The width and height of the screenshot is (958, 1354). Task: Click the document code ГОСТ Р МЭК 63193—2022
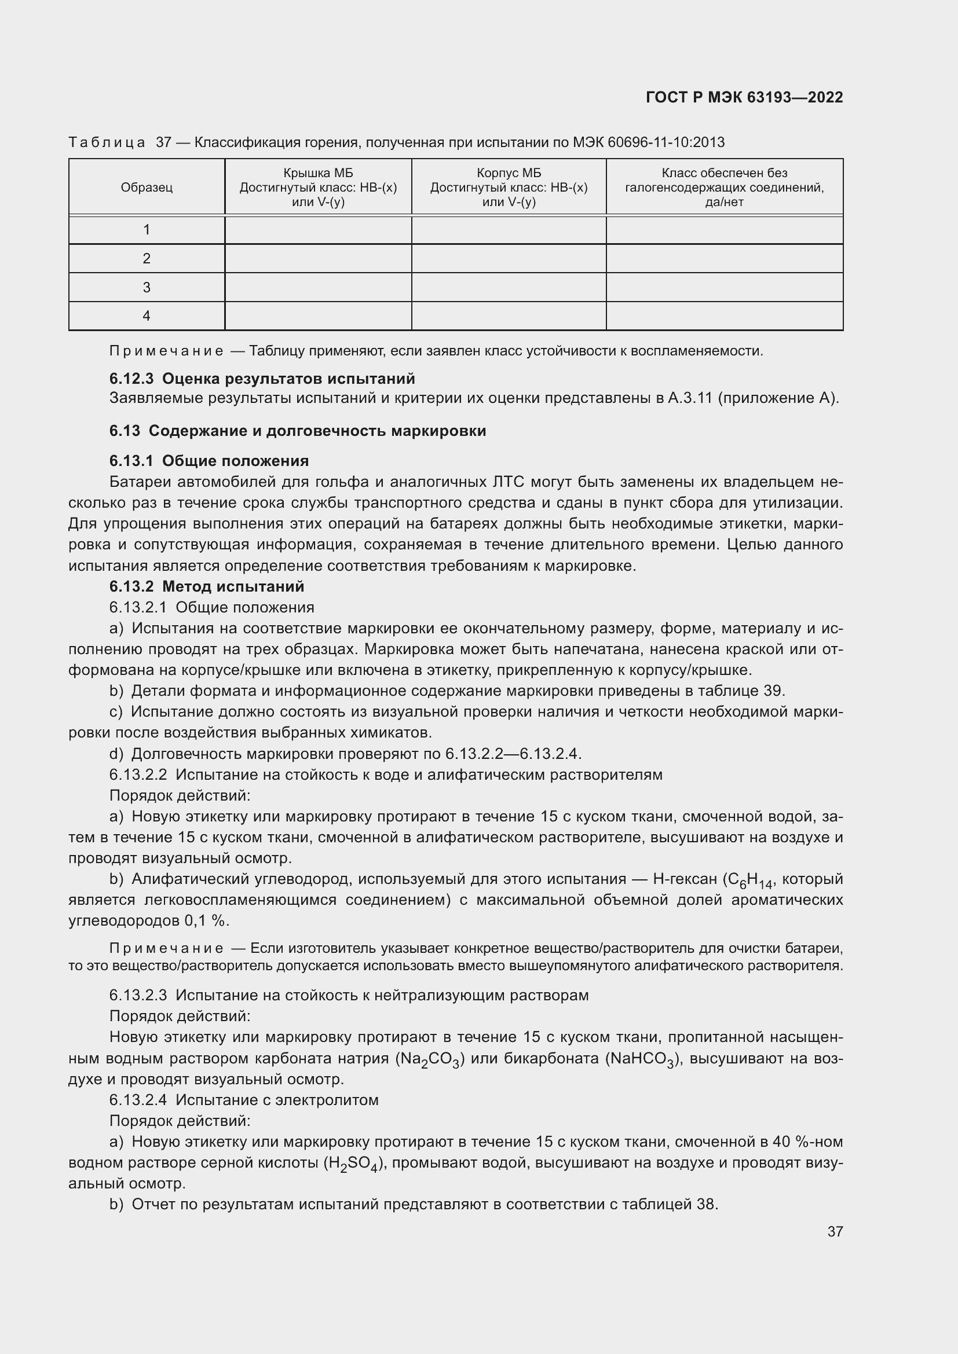[x=744, y=97]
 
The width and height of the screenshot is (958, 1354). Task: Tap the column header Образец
[x=147, y=188]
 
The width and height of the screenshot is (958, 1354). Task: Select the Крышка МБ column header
[x=318, y=188]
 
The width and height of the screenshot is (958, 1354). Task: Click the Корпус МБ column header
[x=509, y=188]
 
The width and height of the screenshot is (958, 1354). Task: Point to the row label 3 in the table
[x=147, y=287]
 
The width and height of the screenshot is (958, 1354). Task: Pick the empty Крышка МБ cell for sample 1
[x=318, y=229]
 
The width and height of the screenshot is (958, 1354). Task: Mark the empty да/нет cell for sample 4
[x=725, y=316]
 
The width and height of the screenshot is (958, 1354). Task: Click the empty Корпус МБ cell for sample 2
[x=509, y=258]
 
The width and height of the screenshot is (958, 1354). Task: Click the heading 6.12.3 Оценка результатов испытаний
[x=262, y=379]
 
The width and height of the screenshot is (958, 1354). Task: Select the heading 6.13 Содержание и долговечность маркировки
[x=297, y=431]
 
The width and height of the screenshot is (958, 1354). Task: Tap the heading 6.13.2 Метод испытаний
[x=206, y=587]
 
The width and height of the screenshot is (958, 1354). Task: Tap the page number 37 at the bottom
[x=835, y=1231]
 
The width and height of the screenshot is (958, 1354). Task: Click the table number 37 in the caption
[x=163, y=143]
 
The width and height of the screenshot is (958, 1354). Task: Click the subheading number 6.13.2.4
[x=138, y=1100]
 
